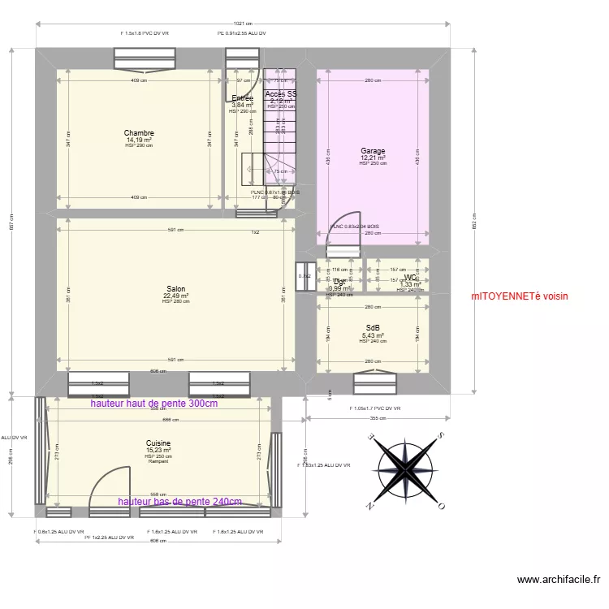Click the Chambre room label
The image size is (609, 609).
(x=139, y=133)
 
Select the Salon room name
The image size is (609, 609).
(x=175, y=289)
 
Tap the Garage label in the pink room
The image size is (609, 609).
(x=373, y=151)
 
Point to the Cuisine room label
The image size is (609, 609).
(x=158, y=443)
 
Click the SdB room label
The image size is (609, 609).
(x=373, y=328)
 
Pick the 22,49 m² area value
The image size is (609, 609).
(x=175, y=296)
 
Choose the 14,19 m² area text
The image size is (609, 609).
(x=139, y=140)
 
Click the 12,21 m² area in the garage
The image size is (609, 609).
(x=373, y=158)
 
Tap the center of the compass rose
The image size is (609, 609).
(x=404, y=470)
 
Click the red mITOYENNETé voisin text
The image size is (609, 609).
(x=520, y=297)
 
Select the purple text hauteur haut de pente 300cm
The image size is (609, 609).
(x=153, y=404)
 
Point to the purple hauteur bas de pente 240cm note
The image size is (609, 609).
(x=179, y=502)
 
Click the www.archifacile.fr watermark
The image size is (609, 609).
(x=559, y=580)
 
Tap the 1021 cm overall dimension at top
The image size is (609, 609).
(x=242, y=24)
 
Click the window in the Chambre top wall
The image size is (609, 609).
(x=145, y=59)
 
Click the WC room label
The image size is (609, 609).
(x=409, y=279)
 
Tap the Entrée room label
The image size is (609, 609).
(x=242, y=98)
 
